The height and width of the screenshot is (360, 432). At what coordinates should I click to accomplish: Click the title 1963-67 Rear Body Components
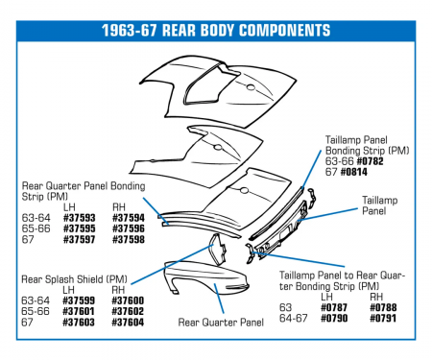(x=216, y=31)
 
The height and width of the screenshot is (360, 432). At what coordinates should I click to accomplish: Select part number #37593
(x=81, y=218)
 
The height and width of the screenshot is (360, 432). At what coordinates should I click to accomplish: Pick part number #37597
(x=81, y=240)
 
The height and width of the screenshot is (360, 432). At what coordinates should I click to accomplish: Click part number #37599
(x=81, y=300)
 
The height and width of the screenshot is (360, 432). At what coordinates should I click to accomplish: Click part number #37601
(x=81, y=311)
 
